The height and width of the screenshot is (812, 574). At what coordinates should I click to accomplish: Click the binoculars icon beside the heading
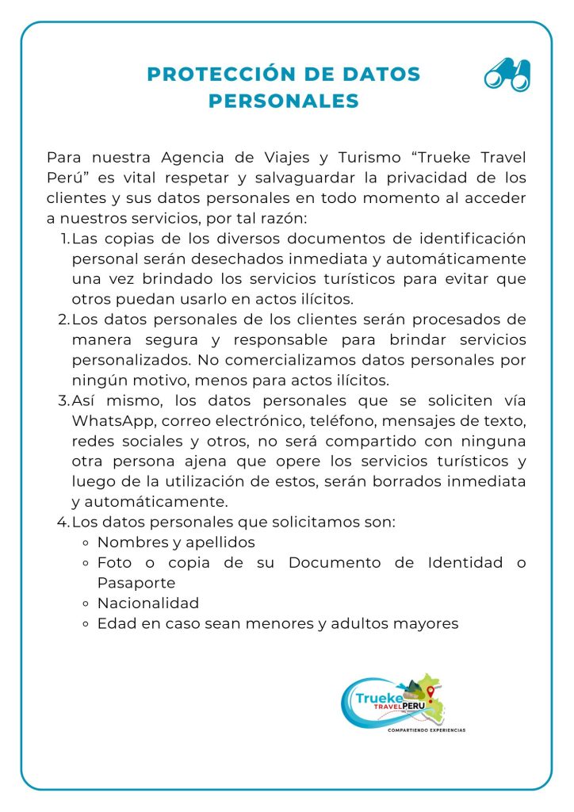[x=507, y=75]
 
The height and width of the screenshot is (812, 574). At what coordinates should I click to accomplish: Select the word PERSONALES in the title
[x=284, y=101]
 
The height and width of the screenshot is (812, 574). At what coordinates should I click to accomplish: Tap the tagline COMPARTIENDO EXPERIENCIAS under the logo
[x=426, y=730]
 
